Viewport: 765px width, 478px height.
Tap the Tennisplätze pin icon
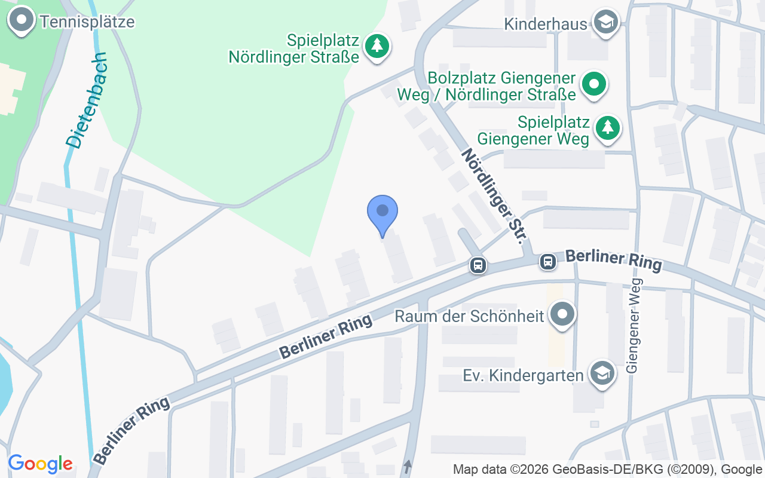pyautogui.click(x=22, y=20)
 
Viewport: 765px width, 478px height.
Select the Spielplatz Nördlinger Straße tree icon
pyautogui.click(x=377, y=45)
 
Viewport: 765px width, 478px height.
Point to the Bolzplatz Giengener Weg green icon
pyautogui.click(x=593, y=85)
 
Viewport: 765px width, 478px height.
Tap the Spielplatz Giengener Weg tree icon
pyautogui.click(x=607, y=127)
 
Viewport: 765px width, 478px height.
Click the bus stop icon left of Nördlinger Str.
pyautogui.click(x=478, y=265)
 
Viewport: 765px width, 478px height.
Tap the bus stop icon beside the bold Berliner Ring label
pyautogui.click(x=547, y=261)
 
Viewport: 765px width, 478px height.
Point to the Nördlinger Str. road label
pyautogui.click(x=494, y=196)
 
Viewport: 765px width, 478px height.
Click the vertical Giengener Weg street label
pyautogui.click(x=633, y=326)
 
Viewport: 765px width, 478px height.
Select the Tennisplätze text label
pyautogui.click(x=87, y=22)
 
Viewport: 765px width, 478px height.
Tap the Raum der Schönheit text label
pyautogui.click(x=470, y=315)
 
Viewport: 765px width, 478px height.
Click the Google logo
pyautogui.click(x=40, y=464)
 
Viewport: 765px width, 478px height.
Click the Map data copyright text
pyautogui.click(x=606, y=469)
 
